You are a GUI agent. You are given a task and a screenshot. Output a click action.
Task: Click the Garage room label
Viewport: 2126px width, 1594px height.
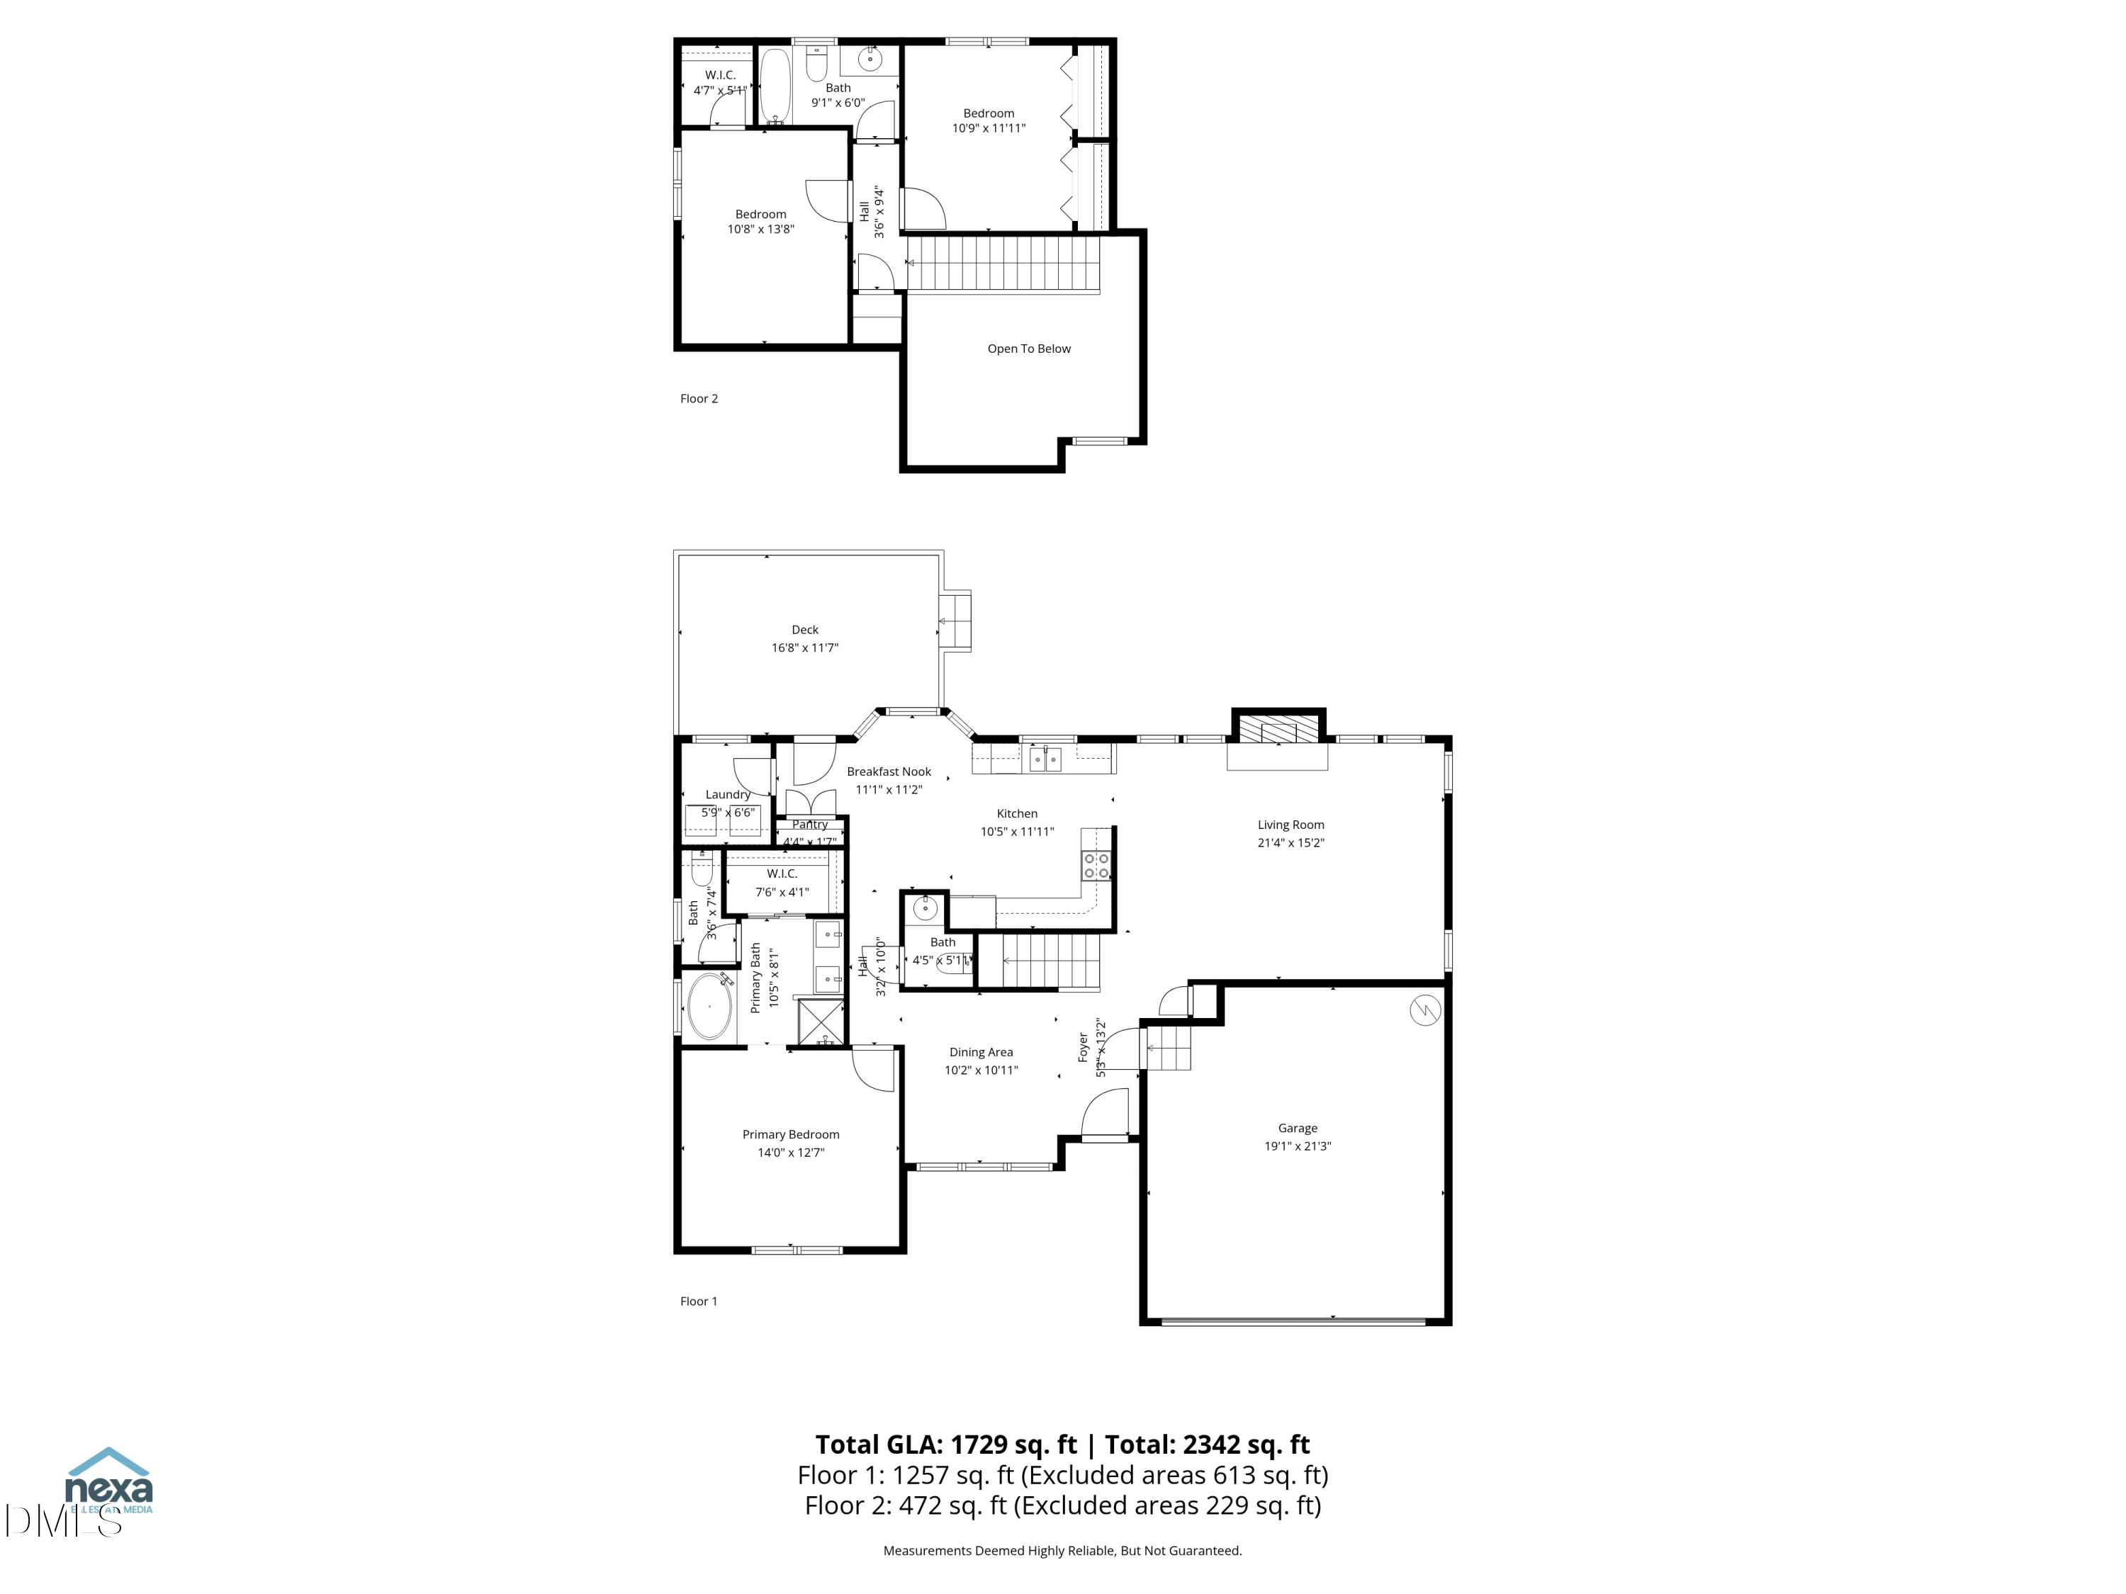pos(1297,1128)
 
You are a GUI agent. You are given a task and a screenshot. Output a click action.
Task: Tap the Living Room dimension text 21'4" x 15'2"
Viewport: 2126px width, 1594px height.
pos(1290,842)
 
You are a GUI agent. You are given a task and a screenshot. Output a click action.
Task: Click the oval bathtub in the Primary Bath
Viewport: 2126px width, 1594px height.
pos(709,1006)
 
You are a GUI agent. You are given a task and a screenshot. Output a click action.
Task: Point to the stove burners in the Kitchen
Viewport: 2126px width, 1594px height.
pos(1096,866)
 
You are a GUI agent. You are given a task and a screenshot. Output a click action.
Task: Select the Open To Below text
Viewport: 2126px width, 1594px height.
pos(1028,349)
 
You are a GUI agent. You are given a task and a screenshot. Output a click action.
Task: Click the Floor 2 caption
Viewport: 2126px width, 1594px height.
pos(699,399)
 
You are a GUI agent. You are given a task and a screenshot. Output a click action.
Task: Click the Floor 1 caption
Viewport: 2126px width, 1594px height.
pos(699,1301)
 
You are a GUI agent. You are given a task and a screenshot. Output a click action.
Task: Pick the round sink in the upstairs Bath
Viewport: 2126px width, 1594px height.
pos(869,60)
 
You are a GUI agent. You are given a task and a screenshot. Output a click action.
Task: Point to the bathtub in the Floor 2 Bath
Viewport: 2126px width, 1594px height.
pos(775,86)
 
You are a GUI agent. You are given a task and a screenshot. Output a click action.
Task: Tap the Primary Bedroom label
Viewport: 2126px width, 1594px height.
pos(790,1135)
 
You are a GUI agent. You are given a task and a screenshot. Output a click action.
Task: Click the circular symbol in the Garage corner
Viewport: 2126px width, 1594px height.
pos(1424,1011)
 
